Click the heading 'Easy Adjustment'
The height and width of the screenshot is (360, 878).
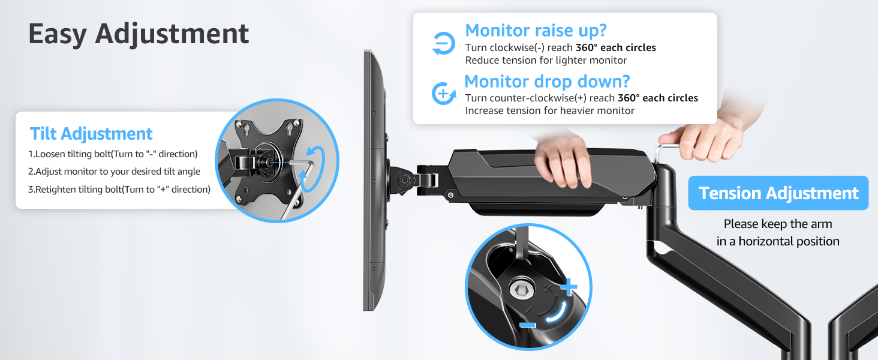(139, 34)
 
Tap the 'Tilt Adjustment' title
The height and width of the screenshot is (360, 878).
(91, 133)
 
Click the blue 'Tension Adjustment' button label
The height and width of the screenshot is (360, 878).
(778, 193)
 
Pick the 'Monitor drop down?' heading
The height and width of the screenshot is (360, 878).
(547, 81)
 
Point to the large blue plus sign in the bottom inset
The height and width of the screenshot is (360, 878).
(567, 288)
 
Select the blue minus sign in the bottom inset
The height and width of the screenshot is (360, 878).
(528, 325)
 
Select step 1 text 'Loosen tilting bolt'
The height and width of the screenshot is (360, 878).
(113, 154)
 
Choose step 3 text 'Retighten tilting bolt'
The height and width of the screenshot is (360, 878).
(119, 190)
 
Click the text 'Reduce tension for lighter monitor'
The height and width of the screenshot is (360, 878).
(546, 60)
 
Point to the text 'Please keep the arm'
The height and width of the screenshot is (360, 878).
(778, 224)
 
